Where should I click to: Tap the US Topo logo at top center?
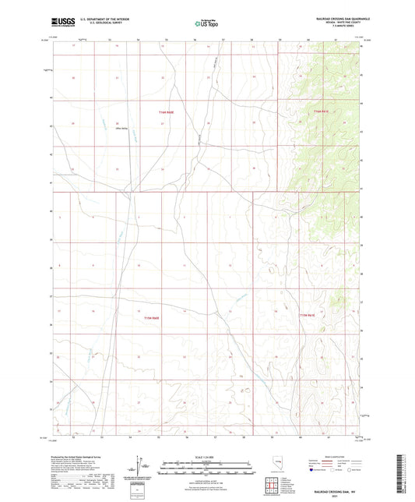[206, 24]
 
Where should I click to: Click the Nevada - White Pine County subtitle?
[343, 24]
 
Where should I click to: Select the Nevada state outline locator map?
[279, 466]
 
